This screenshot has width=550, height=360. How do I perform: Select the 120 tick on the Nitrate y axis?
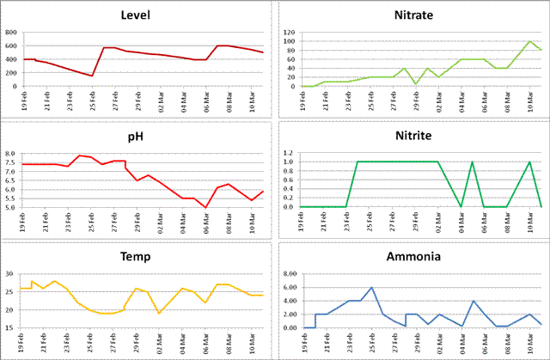point(288,33)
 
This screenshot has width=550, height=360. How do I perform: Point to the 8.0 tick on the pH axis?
point(10,154)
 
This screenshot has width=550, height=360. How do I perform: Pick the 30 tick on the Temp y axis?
point(10,274)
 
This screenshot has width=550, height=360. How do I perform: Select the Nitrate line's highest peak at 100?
point(530,41)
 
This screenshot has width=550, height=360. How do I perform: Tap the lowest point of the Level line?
point(92,76)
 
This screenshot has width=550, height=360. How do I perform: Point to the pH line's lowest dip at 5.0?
point(205,207)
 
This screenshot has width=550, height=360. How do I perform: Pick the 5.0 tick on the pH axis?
point(10,207)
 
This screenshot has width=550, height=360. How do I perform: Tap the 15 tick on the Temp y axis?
point(10,327)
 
